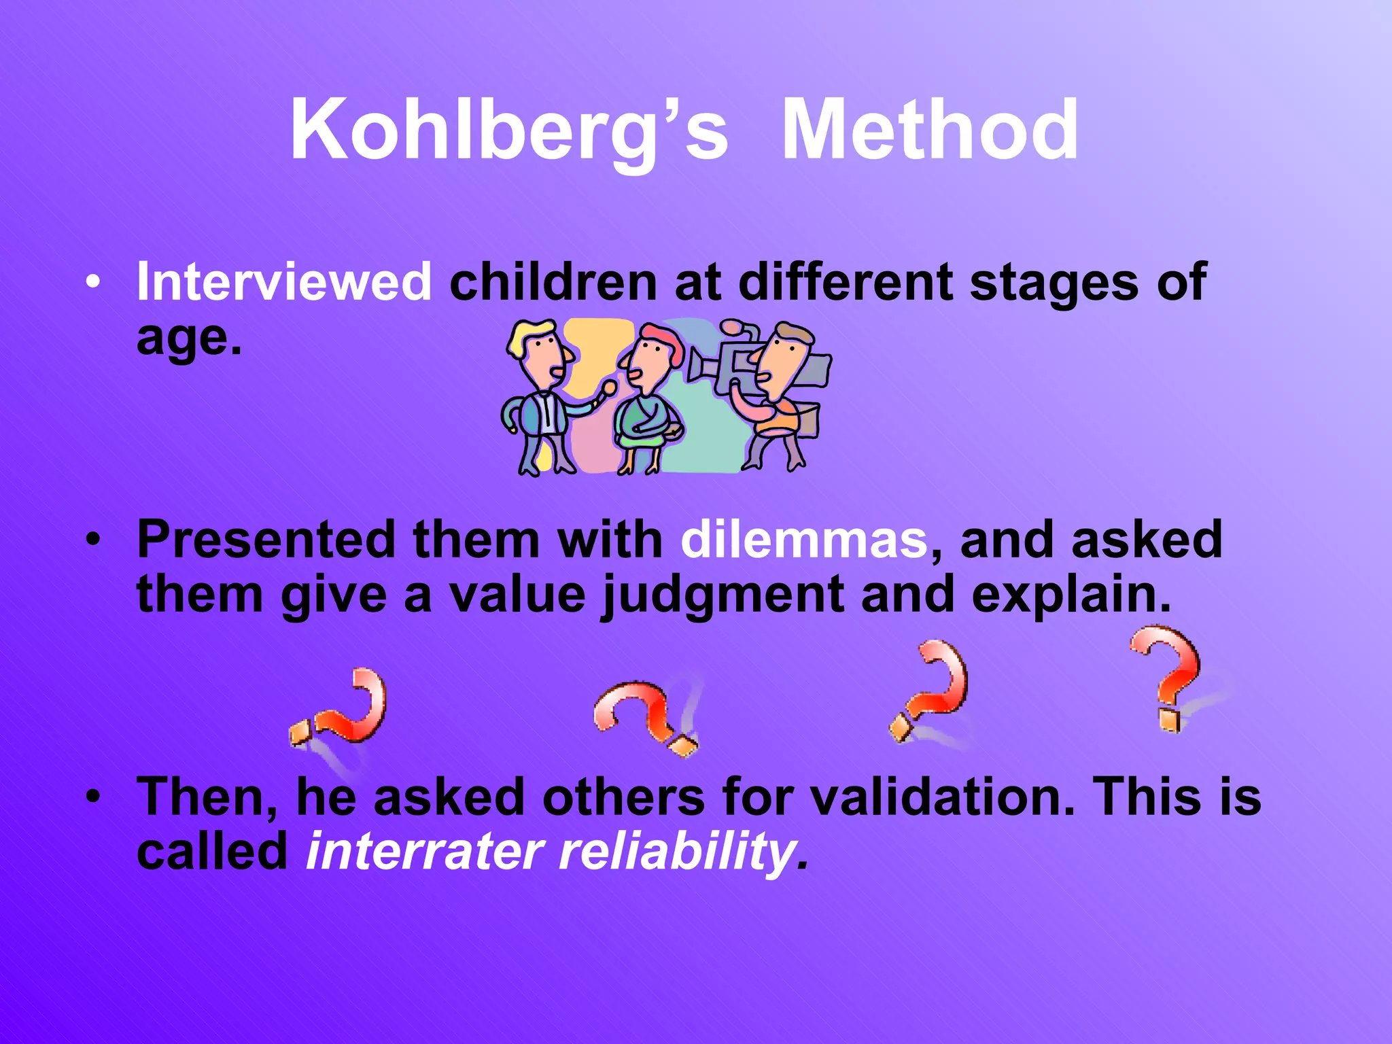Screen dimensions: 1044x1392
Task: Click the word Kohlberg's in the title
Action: [x=508, y=130]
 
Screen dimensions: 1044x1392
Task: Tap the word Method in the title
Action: [x=930, y=130]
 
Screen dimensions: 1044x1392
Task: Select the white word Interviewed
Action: [x=284, y=281]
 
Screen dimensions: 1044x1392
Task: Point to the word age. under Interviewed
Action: [x=189, y=337]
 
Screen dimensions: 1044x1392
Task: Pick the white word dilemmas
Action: [x=804, y=540]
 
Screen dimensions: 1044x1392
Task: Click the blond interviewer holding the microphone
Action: [x=540, y=394]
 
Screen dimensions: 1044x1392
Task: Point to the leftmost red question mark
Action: [x=343, y=710]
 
